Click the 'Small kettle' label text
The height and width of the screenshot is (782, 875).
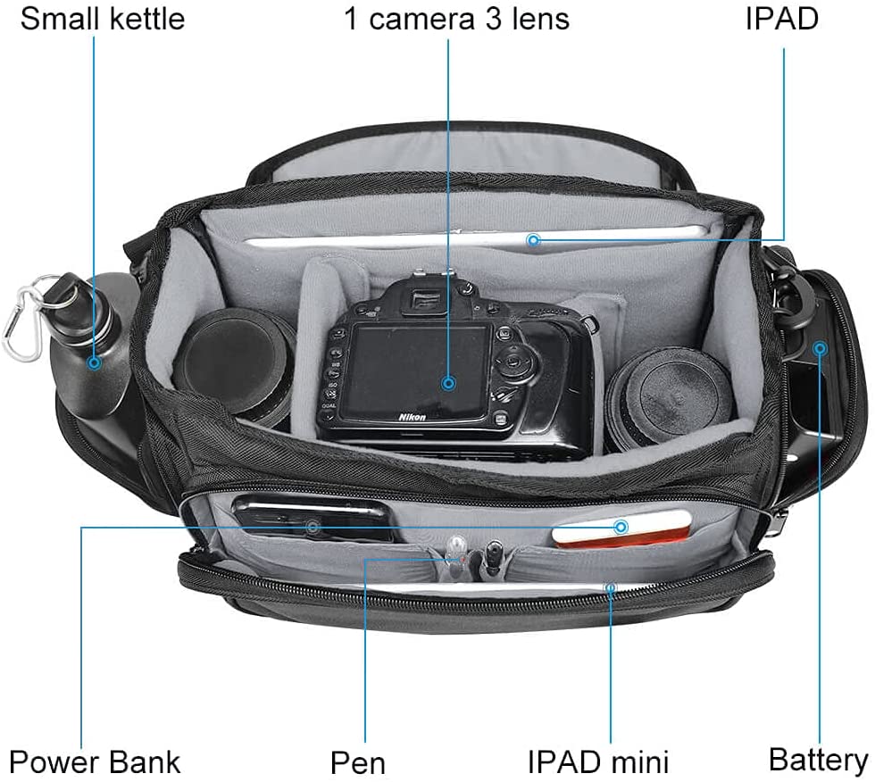(102, 19)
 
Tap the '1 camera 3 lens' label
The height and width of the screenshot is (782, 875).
(456, 19)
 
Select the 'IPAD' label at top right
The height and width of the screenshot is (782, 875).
(782, 19)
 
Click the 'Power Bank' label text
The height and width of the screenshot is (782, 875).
(95, 762)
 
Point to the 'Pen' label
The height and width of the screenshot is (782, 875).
(358, 762)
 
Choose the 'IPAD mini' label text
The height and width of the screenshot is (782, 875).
(597, 762)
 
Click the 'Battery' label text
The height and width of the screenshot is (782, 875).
(818, 760)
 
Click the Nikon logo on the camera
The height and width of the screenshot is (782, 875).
(412, 417)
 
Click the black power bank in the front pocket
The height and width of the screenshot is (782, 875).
(313, 520)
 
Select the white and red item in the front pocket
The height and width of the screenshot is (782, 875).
(621, 528)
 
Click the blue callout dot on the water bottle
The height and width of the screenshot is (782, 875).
(95, 362)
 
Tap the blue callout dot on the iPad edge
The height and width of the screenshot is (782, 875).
(534, 240)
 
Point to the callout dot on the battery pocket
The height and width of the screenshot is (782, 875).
(820, 349)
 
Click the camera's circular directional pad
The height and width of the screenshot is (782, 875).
(512, 362)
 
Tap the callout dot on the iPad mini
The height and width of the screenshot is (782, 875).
(611, 587)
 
